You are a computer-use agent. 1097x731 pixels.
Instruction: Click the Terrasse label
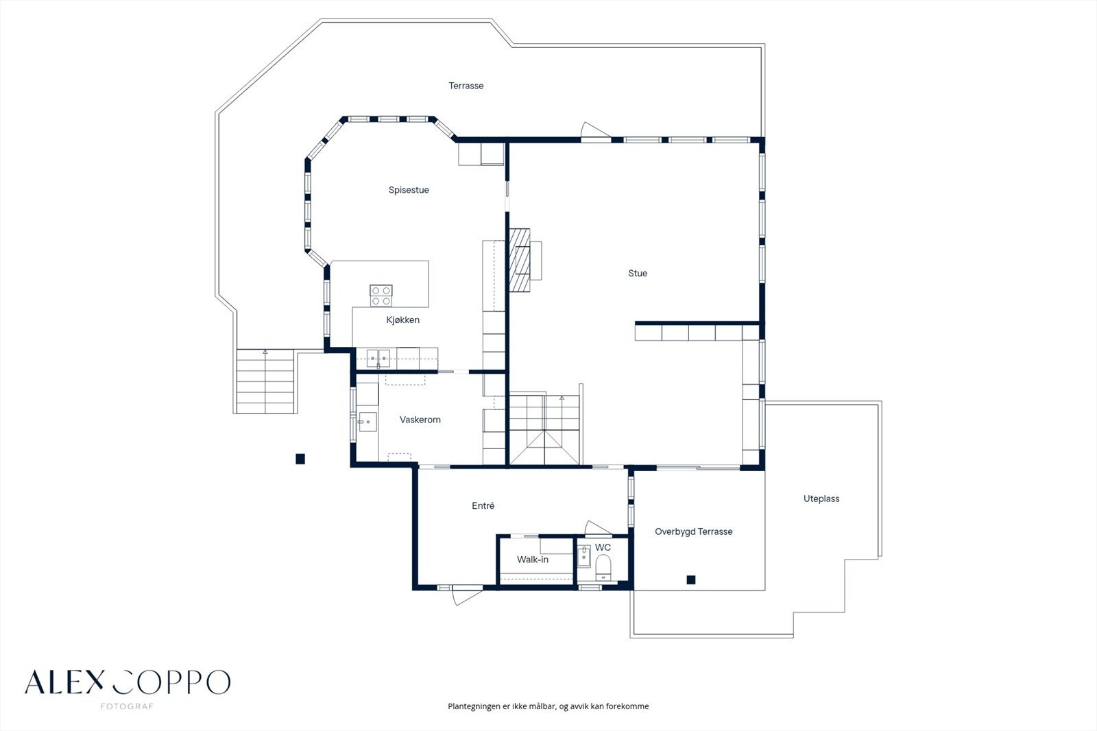pos(466,86)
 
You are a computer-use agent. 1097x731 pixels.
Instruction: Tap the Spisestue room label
pos(409,190)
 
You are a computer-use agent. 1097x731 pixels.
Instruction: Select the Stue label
pos(638,273)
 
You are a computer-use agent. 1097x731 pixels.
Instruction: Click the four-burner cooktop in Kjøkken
pos(381,296)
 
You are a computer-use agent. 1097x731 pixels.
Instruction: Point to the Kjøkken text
pos(402,320)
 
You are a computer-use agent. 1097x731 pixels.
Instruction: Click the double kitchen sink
pos(378,356)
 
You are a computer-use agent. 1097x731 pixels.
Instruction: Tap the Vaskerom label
pos(420,420)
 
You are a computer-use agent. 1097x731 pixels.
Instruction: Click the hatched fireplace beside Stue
pos(519,260)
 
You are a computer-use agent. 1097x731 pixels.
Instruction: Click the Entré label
pos(483,506)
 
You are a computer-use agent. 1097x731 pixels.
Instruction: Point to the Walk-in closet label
pos(532,560)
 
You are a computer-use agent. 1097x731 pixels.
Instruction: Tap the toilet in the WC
pos(603,566)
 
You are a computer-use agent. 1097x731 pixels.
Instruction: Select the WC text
pos(603,547)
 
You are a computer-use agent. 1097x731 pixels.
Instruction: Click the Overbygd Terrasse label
pos(693,531)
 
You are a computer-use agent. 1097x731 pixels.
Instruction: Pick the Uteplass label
pos(821,499)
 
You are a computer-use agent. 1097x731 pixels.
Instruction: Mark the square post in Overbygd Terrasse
pos(691,580)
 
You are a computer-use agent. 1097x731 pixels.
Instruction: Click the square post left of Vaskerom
pos(300,459)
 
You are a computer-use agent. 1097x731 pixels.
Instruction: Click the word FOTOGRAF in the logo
pos(127,706)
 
